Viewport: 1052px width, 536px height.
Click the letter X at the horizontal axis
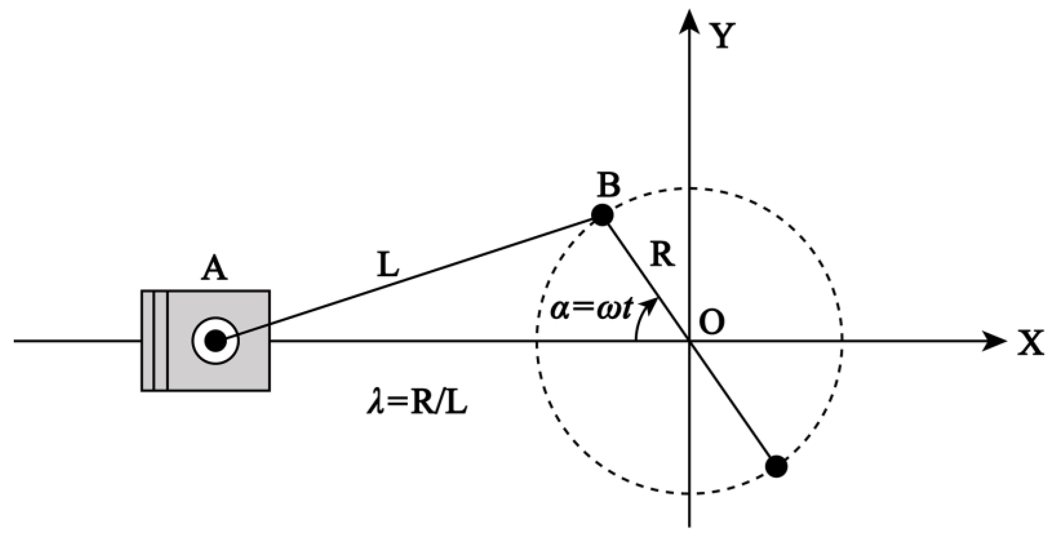(x=1030, y=343)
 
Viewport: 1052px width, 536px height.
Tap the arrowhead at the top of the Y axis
(x=689, y=22)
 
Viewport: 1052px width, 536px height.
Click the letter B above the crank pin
(x=609, y=185)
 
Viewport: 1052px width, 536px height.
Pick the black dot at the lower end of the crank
(x=776, y=466)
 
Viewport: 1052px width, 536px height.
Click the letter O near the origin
(x=712, y=323)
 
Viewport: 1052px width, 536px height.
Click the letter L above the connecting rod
(x=388, y=265)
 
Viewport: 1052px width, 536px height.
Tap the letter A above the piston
(x=214, y=270)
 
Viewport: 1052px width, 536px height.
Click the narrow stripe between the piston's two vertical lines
(x=160, y=341)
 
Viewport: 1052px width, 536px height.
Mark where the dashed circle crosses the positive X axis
(x=842, y=342)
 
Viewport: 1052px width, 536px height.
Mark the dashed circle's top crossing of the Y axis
(x=689, y=188)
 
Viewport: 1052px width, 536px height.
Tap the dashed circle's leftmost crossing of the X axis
(x=537, y=342)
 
